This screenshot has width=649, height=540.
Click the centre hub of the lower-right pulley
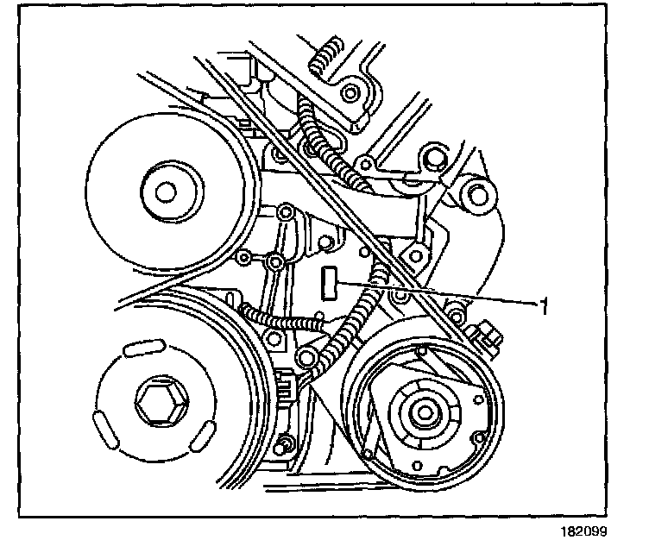[424, 411]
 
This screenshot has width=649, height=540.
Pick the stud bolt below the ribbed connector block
[283, 447]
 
